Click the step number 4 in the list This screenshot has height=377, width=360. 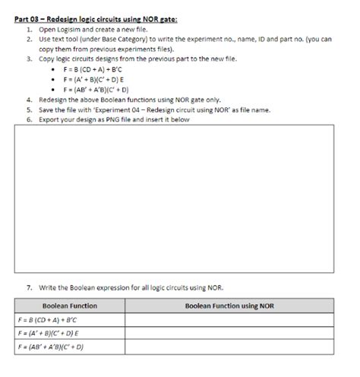click(x=29, y=100)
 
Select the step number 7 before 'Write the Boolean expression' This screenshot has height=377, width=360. click(x=29, y=287)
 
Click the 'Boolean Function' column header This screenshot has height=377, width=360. click(x=69, y=306)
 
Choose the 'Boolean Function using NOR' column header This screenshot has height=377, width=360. click(x=229, y=306)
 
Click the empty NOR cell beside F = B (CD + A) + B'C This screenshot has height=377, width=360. click(x=229, y=320)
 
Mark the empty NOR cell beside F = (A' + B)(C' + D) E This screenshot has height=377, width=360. click(x=229, y=334)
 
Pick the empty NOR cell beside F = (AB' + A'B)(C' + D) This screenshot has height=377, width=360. click(x=229, y=347)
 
